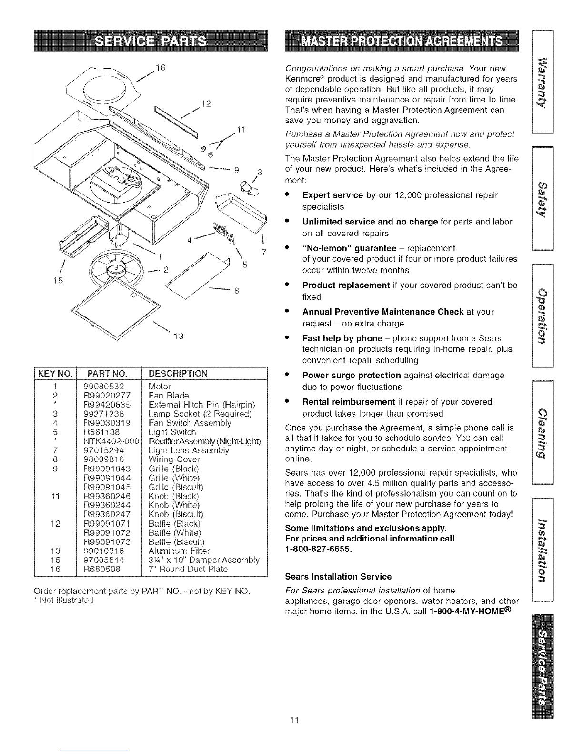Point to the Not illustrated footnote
point(62,600)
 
